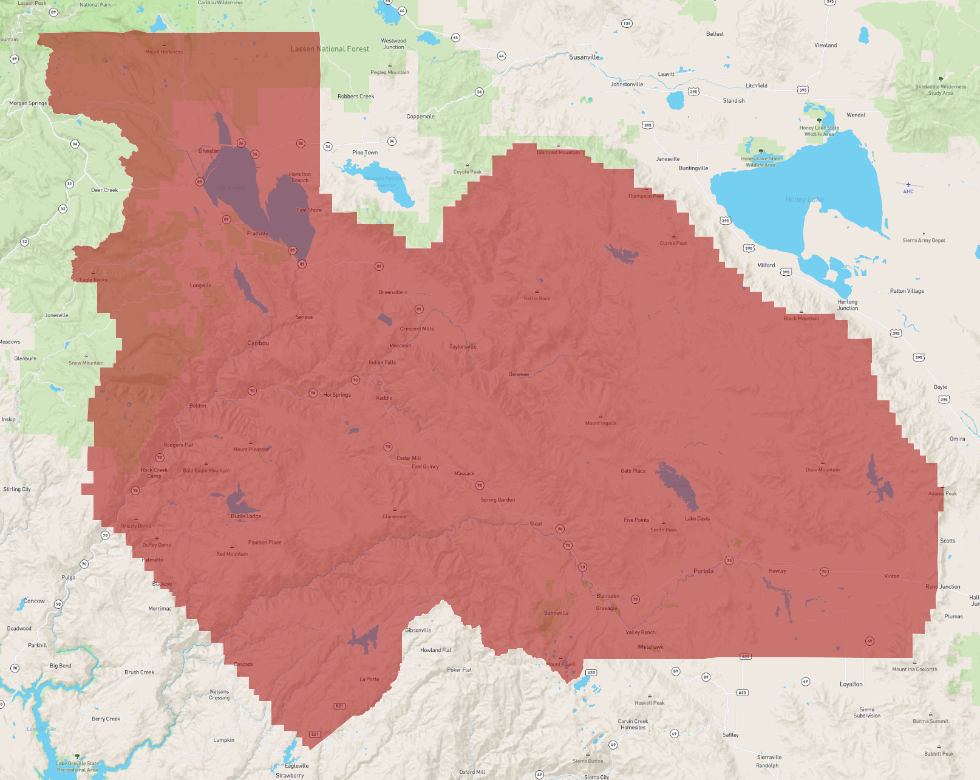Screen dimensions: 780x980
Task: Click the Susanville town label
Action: pyautogui.click(x=584, y=57)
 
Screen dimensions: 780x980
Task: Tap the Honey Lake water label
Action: pyautogui.click(x=804, y=199)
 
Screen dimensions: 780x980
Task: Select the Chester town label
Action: pyautogui.click(x=208, y=151)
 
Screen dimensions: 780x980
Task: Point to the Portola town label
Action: pyautogui.click(x=703, y=571)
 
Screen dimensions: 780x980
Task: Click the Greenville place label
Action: pyautogui.click(x=390, y=292)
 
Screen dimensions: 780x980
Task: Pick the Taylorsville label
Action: pyautogui.click(x=463, y=347)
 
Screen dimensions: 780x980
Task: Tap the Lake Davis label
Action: pyautogui.click(x=697, y=519)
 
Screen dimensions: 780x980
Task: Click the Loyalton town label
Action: pyautogui.click(x=851, y=684)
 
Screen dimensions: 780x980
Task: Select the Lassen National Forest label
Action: pyautogui.click(x=330, y=49)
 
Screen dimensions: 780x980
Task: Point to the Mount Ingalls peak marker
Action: pyautogui.click(x=601, y=417)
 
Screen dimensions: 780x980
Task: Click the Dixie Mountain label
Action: pyautogui.click(x=823, y=470)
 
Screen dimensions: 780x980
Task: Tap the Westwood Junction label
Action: pyautogui.click(x=393, y=44)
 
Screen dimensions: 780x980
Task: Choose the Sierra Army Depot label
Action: pyautogui.click(x=924, y=241)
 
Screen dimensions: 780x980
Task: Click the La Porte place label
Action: pyautogui.click(x=369, y=679)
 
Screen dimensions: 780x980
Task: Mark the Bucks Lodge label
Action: pyautogui.click(x=246, y=516)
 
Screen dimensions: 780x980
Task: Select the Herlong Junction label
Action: pyautogui.click(x=848, y=305)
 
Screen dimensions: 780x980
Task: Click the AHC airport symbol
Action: pyautogui.click(x=908, y=185)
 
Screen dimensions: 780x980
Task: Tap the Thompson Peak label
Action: pyautogui.click(x=645, y=196)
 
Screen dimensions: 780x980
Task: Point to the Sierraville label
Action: pyautogui.click(x=769, y=757)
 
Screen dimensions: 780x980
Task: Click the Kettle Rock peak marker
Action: pyautogui.click(x=537, y=292)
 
